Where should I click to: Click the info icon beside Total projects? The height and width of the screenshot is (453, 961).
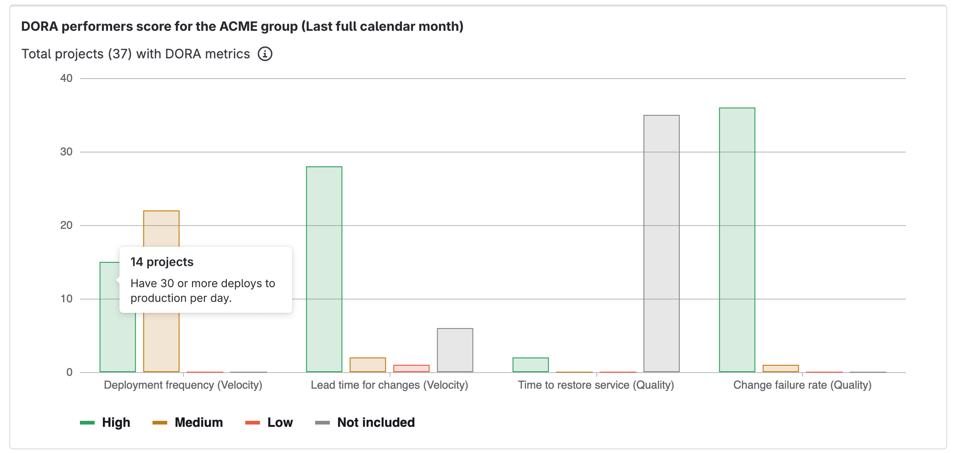click(x=265, y=54)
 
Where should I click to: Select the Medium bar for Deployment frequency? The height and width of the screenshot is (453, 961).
click(x=161, y=230)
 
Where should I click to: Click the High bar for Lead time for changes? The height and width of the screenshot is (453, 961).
click(x=324, y=269)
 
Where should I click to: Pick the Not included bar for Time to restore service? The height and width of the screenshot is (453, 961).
click(x=661, y=243)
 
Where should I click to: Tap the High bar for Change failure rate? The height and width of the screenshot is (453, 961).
click(x=737, y=240)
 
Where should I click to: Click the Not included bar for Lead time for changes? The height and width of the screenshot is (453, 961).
click(x=455, y=350)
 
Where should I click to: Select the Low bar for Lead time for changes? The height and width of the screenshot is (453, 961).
click(x=411, y=368)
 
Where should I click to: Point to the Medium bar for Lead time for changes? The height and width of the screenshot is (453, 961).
click(x=367, y=365)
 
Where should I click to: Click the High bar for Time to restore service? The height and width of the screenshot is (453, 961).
click(x=531, y=365)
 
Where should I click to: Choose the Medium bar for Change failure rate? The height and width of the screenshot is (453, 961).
click(x=780, y=368)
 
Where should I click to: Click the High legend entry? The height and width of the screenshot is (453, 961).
click(x=106, y=422)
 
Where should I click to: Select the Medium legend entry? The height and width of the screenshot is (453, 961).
click(x=188, y=422)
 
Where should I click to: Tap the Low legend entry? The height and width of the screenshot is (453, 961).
click(x=269, y=422)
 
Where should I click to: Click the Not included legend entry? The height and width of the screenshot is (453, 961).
click(x=365, y=422)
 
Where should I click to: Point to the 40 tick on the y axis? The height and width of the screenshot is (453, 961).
click(x=67, y=78)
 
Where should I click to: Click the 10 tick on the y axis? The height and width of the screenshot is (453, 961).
click(x=67, y=299)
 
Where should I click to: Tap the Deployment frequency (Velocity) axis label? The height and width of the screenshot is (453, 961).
click(x=183, y=385)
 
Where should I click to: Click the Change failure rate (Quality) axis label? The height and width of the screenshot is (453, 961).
click(x=802, y=385)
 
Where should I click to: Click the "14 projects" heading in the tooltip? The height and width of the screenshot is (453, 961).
click(x=162, y=262)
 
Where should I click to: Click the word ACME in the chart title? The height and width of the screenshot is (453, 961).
click(x=238, y=26)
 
